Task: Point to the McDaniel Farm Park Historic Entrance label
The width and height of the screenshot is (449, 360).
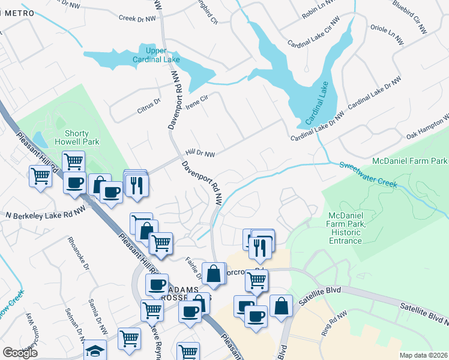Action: (345, 228)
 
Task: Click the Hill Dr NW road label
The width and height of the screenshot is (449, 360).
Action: (200, 154)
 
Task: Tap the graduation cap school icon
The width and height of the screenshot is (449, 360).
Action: (95, 350)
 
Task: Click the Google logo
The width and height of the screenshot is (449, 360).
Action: (20, 353)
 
